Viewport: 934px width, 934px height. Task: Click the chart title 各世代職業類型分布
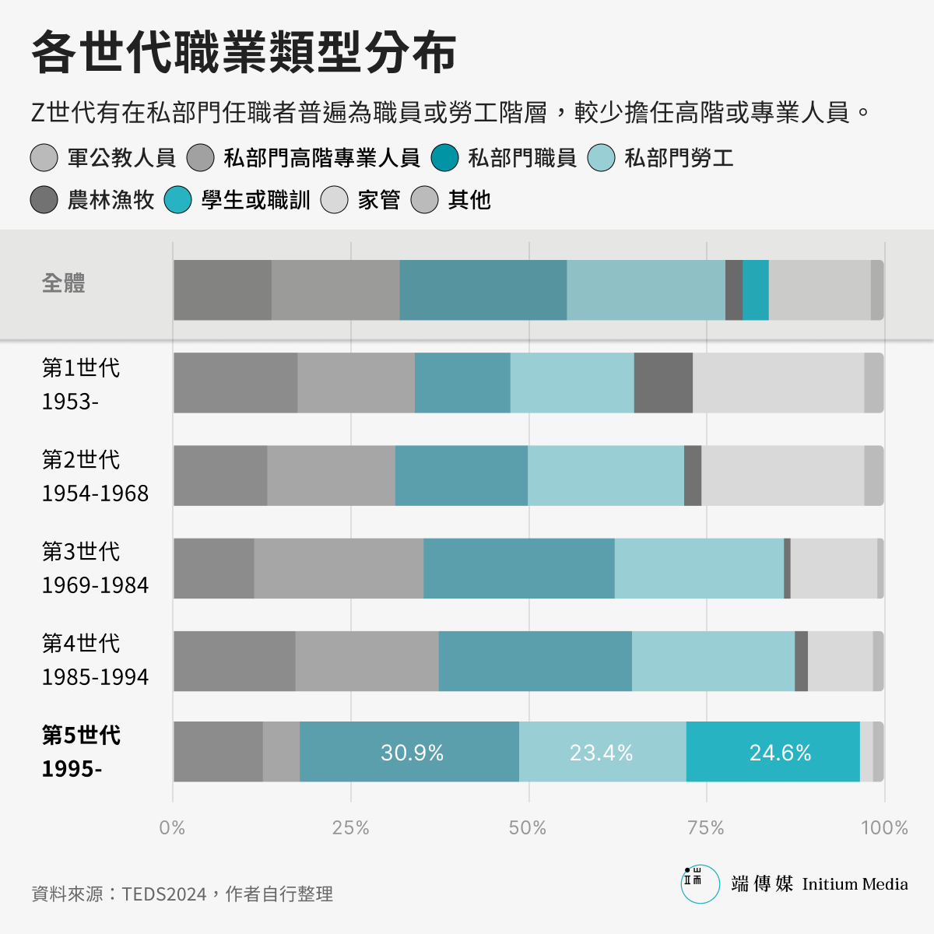pos(244,53)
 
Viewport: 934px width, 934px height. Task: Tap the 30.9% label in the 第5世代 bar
pos(412,753)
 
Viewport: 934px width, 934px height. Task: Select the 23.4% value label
pos(601,753)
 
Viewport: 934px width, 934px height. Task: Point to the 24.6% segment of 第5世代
pos(780,753)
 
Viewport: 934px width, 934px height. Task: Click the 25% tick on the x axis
pos(350,827)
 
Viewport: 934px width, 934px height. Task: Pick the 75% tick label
pos(706,827)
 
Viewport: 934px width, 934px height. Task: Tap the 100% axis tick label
pos(884,827)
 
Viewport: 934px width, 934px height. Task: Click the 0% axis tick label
pos(172,827)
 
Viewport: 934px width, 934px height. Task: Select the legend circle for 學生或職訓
pos(178,200)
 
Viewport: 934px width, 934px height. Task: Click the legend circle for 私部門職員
pos(445,158)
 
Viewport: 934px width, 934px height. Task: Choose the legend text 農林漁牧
pos(111,200)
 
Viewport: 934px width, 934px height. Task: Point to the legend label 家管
pos(379,200)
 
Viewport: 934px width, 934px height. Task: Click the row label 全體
pos(64,283)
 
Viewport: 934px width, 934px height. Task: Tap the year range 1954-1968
pos(95,493)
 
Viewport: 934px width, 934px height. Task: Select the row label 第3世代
pos(81,551)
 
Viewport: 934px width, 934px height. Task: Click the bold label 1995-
pos(72,769)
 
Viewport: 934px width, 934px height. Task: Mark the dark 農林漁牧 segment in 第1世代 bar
pos(663,382)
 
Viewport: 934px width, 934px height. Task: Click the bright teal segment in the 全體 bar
pos(755,290)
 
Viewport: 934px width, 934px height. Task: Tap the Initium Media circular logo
pos(700,884)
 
